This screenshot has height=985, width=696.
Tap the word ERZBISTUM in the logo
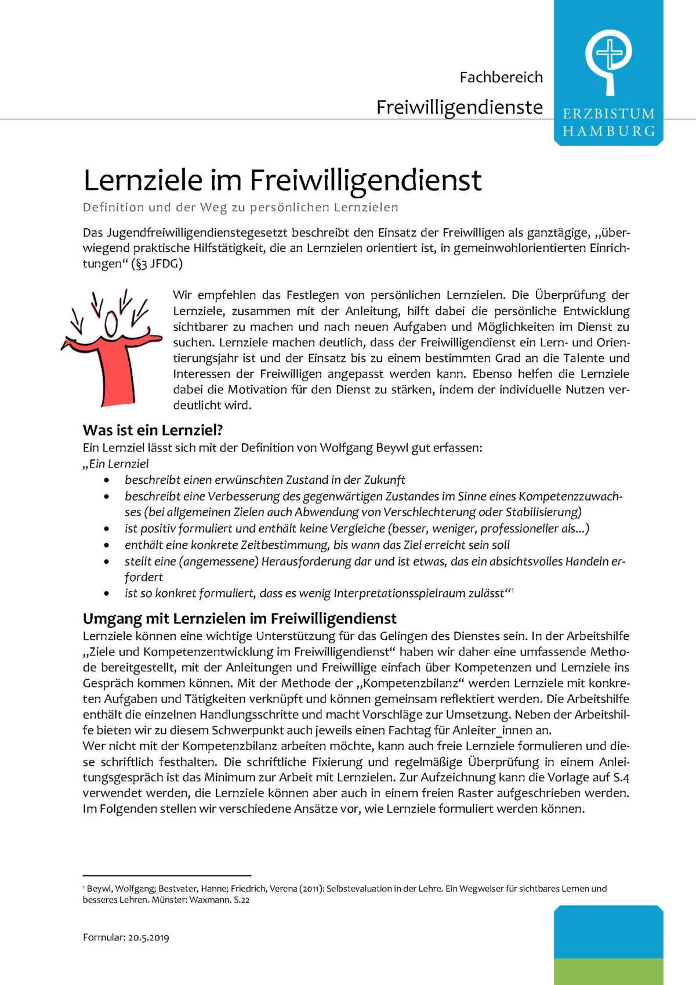coord(608,114)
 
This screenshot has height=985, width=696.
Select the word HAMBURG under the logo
coord(608,131)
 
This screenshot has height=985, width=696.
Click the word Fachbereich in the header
coord(501,77)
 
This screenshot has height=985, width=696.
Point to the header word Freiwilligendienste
coord(459,107)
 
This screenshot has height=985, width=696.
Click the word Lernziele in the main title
coord(142,180)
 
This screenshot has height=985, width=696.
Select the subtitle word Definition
coord(113,207)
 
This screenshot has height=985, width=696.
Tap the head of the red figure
coord(111,324)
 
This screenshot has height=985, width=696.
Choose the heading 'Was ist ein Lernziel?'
coord(153,430)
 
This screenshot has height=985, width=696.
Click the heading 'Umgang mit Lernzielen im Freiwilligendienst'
coord(240,618)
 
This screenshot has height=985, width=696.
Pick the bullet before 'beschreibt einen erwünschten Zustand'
coord(106,480)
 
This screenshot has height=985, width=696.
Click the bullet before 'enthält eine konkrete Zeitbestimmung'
coord(106,545)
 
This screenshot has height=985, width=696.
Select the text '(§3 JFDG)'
coord(158,264)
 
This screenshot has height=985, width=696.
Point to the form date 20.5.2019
coord(148,937)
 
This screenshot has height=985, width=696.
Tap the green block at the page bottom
coord(608,971)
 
